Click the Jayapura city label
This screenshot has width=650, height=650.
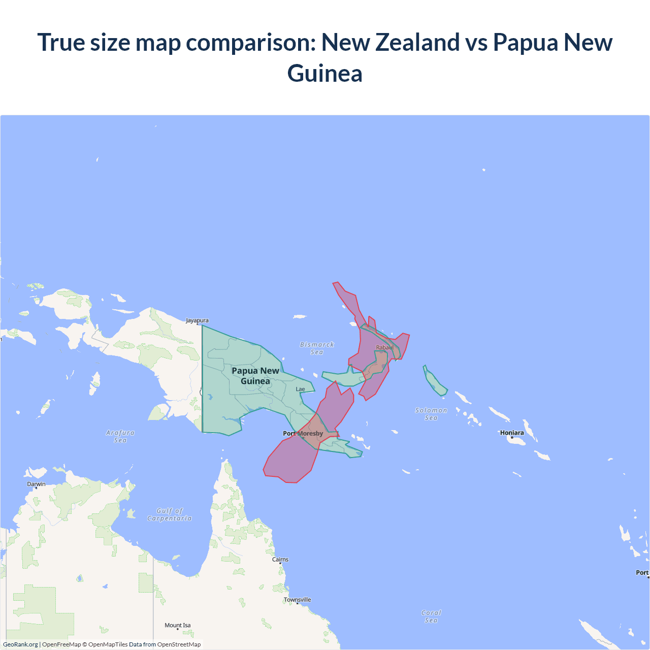(x=197, y=320)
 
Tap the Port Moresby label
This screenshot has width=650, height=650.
(x=303, y=433)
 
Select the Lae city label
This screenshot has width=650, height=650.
(x=301, y=389)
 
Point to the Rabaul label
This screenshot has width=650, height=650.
(x=384, y=347)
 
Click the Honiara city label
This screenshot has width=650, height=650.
(x=512, y=433)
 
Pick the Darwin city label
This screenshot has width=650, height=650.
(x=36, y=484)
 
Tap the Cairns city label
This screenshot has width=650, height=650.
(x=280, y=560)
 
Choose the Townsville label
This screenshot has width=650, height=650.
(x=298, y=600)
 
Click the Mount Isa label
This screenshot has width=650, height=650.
(x=178, y=625)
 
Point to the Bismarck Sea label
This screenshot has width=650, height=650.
(x=317, y=348)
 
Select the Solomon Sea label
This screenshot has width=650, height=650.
(x=431, y=414)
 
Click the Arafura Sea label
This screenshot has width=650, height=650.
(x=120, y=436)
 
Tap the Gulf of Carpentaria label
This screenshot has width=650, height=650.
(x=170, y=514)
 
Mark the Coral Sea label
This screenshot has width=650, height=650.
(x=431, y=616)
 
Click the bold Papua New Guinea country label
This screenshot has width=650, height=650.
(x=255, y=376)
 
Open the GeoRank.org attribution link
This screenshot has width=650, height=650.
(x=20, y=644)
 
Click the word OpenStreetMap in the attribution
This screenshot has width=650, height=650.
(x=179, y=644)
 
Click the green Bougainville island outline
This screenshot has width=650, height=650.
(x=434, y=381)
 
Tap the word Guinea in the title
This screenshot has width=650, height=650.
(x=325, y=74)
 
